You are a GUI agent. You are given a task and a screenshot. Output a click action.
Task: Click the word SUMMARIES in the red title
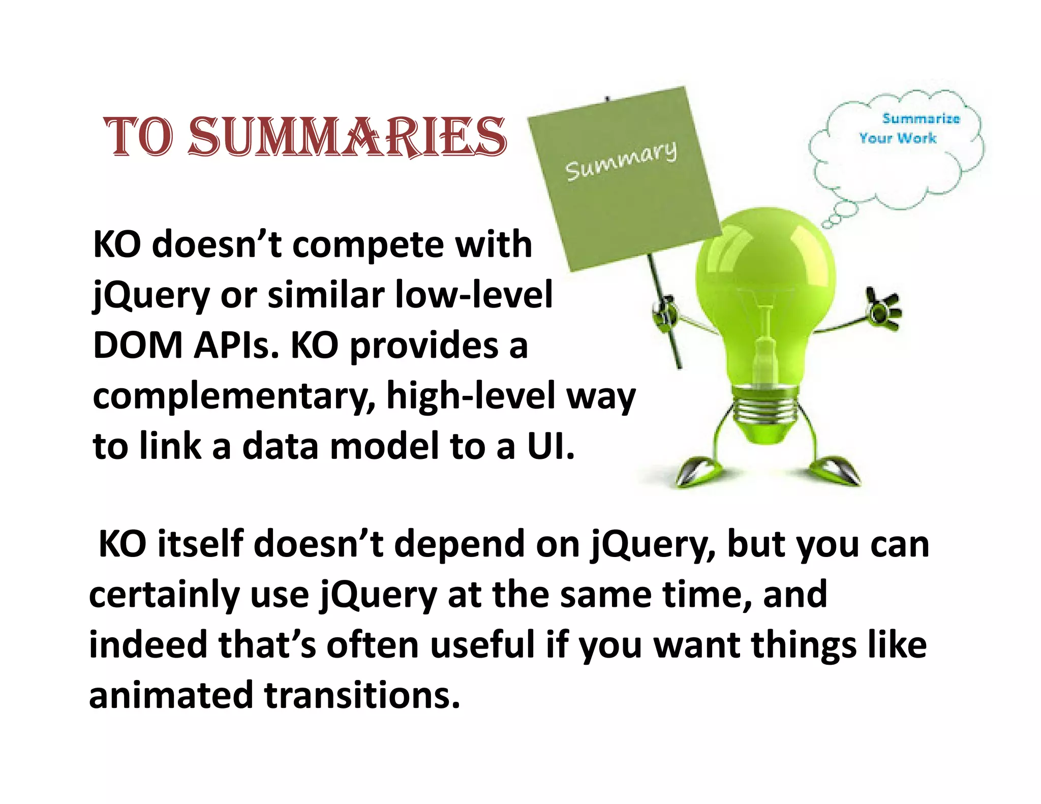pyautogui.click(x=348, y=137)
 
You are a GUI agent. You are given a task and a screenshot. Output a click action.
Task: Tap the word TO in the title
pyautogui.click(x=138, y=137)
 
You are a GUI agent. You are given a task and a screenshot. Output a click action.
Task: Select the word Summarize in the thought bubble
pyautogui.click(x=921, y=119)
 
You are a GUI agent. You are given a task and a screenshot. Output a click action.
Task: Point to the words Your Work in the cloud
pyautogui.click(x=898, y=138)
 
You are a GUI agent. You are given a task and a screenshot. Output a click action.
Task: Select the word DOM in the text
pyautogui.click(x=138, y=346)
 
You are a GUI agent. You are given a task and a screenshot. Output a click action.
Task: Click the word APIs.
pyautogui.click(x=237, y=346)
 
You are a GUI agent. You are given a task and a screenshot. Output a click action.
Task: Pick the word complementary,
pyautogui.click(x=234, y=397)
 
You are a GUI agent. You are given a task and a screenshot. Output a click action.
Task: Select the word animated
pyautogui.click(x=171, y=695)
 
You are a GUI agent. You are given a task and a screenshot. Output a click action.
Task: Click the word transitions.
pyautogui.click(x=362, y=695)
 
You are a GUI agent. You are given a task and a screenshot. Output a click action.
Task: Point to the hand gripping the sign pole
pyautogui.click(x=665, y=313)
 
